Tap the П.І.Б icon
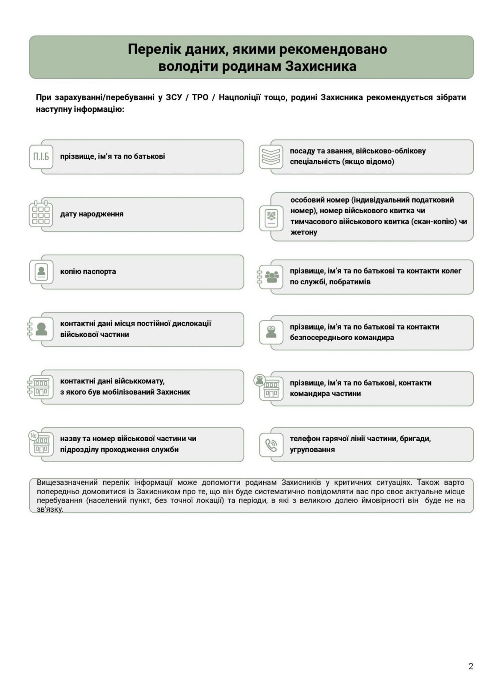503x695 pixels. click(41, 157)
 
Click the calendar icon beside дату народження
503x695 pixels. click(41, 214)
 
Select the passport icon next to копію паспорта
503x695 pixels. click(41, 271)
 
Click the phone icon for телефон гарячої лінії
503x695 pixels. click(271, 444)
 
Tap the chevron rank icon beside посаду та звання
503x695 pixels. click(271, 156)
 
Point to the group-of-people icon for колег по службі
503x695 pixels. click(271, 277)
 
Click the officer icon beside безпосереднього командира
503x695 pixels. click(271, 332)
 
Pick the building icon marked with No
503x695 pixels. click(41, 444)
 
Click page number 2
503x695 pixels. click(470, 666)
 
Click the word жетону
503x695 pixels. click(304, 232)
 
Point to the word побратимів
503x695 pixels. click(350, 282)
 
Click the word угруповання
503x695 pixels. click(312, 450)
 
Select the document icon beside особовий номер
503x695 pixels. click(271, 217)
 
